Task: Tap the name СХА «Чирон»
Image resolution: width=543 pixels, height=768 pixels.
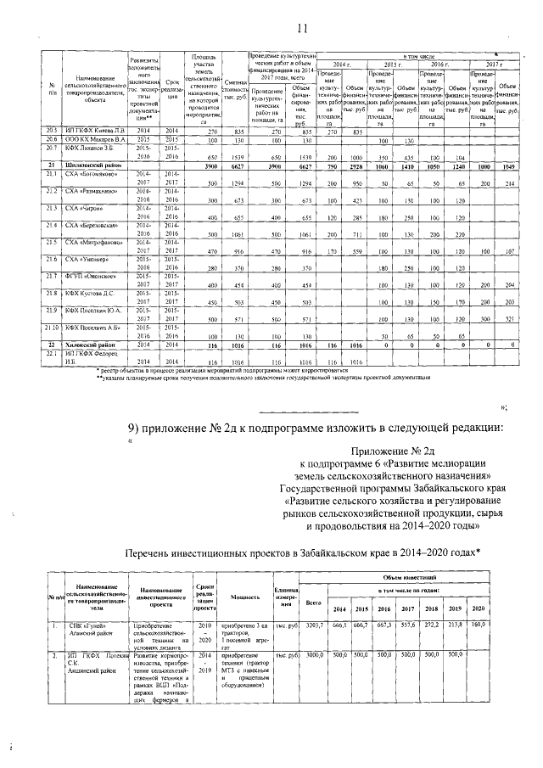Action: point(84,207)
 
